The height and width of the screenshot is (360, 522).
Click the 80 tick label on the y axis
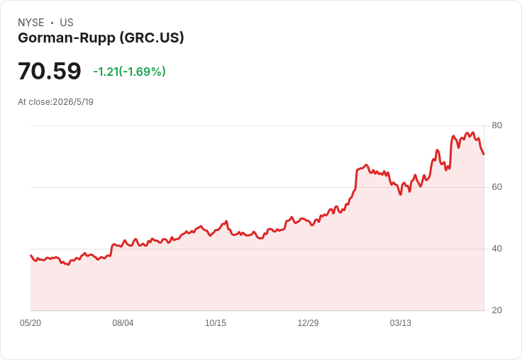496,125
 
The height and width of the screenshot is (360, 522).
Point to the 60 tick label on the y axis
496,187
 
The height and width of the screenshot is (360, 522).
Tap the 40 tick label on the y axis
496,249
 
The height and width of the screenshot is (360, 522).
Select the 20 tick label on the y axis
496,310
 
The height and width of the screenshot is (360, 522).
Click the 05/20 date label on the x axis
30,322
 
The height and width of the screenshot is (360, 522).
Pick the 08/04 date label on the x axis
123,322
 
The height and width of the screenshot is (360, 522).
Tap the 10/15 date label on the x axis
216,322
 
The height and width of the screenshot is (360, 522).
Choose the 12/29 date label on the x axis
308,322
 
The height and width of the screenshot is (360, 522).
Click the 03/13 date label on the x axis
401,322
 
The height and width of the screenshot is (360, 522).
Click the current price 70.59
49,71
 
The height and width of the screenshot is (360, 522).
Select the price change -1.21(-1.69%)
129,72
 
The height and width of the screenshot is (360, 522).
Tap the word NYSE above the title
31,23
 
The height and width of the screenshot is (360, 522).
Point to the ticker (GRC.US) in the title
152,38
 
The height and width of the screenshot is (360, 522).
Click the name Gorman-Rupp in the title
67,38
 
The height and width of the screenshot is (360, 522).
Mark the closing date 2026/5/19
73,102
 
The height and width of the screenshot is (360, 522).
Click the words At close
34,102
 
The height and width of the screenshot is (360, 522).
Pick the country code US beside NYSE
67,23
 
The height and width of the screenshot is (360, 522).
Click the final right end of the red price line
484,154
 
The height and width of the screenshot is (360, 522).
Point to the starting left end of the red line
31,256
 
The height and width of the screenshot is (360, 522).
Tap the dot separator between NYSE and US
52,23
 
